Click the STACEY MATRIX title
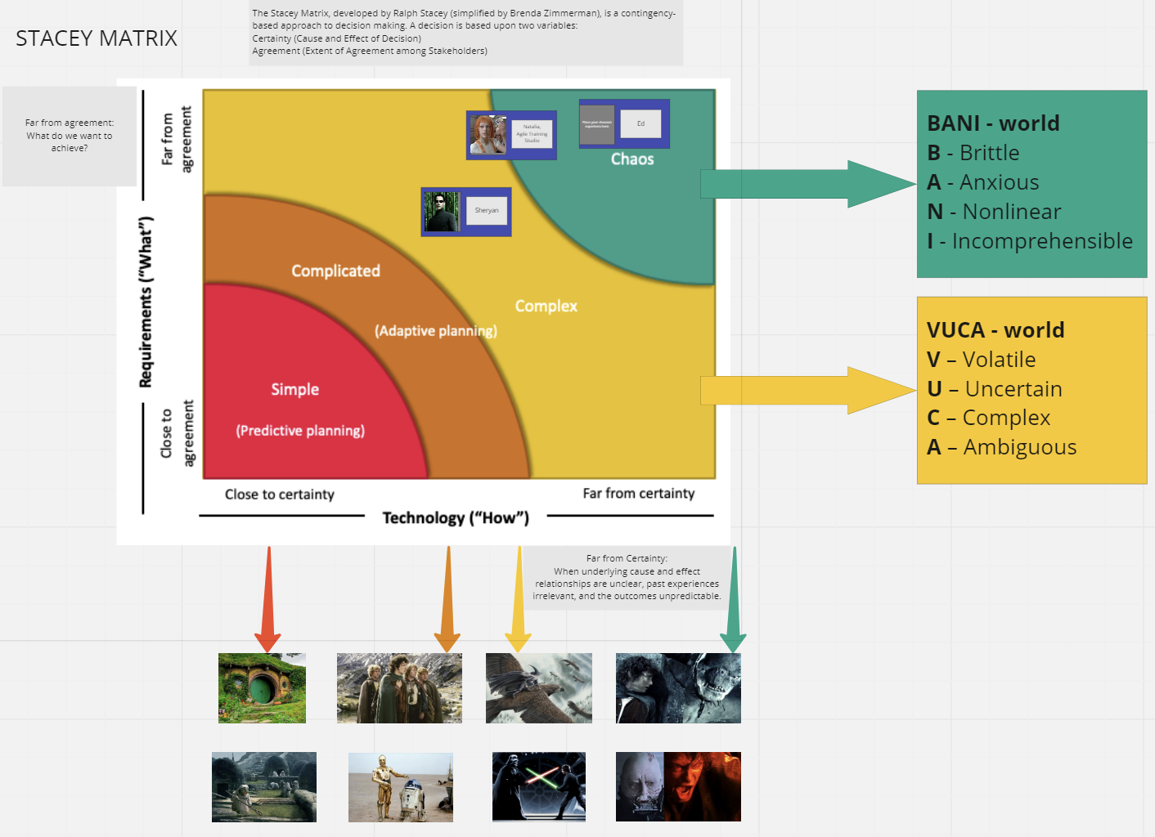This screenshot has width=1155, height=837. pos(97,38)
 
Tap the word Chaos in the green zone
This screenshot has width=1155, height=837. pos(632,159)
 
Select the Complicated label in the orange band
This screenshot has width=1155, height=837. pos(335,271)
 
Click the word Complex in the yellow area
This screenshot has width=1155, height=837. pos(546,306)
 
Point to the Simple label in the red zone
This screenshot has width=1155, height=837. pos(294,389)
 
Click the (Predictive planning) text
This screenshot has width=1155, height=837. pos(300,431)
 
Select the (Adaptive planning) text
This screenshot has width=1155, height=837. pos(435,330)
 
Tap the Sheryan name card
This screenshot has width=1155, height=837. pos(487,211)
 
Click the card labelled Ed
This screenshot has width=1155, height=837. pos(640,123)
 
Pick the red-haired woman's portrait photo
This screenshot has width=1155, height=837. pos(488,135)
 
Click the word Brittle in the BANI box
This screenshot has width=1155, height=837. pos(989,153)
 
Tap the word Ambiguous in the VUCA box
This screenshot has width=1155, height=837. pos(1019,447)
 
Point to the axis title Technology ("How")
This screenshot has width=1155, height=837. pos(456,517)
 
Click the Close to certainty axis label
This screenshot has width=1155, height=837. pos(280,495)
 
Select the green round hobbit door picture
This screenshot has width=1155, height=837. pos(262,688)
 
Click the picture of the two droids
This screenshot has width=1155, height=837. pos(400,787)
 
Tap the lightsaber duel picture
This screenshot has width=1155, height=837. pos(538,786)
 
